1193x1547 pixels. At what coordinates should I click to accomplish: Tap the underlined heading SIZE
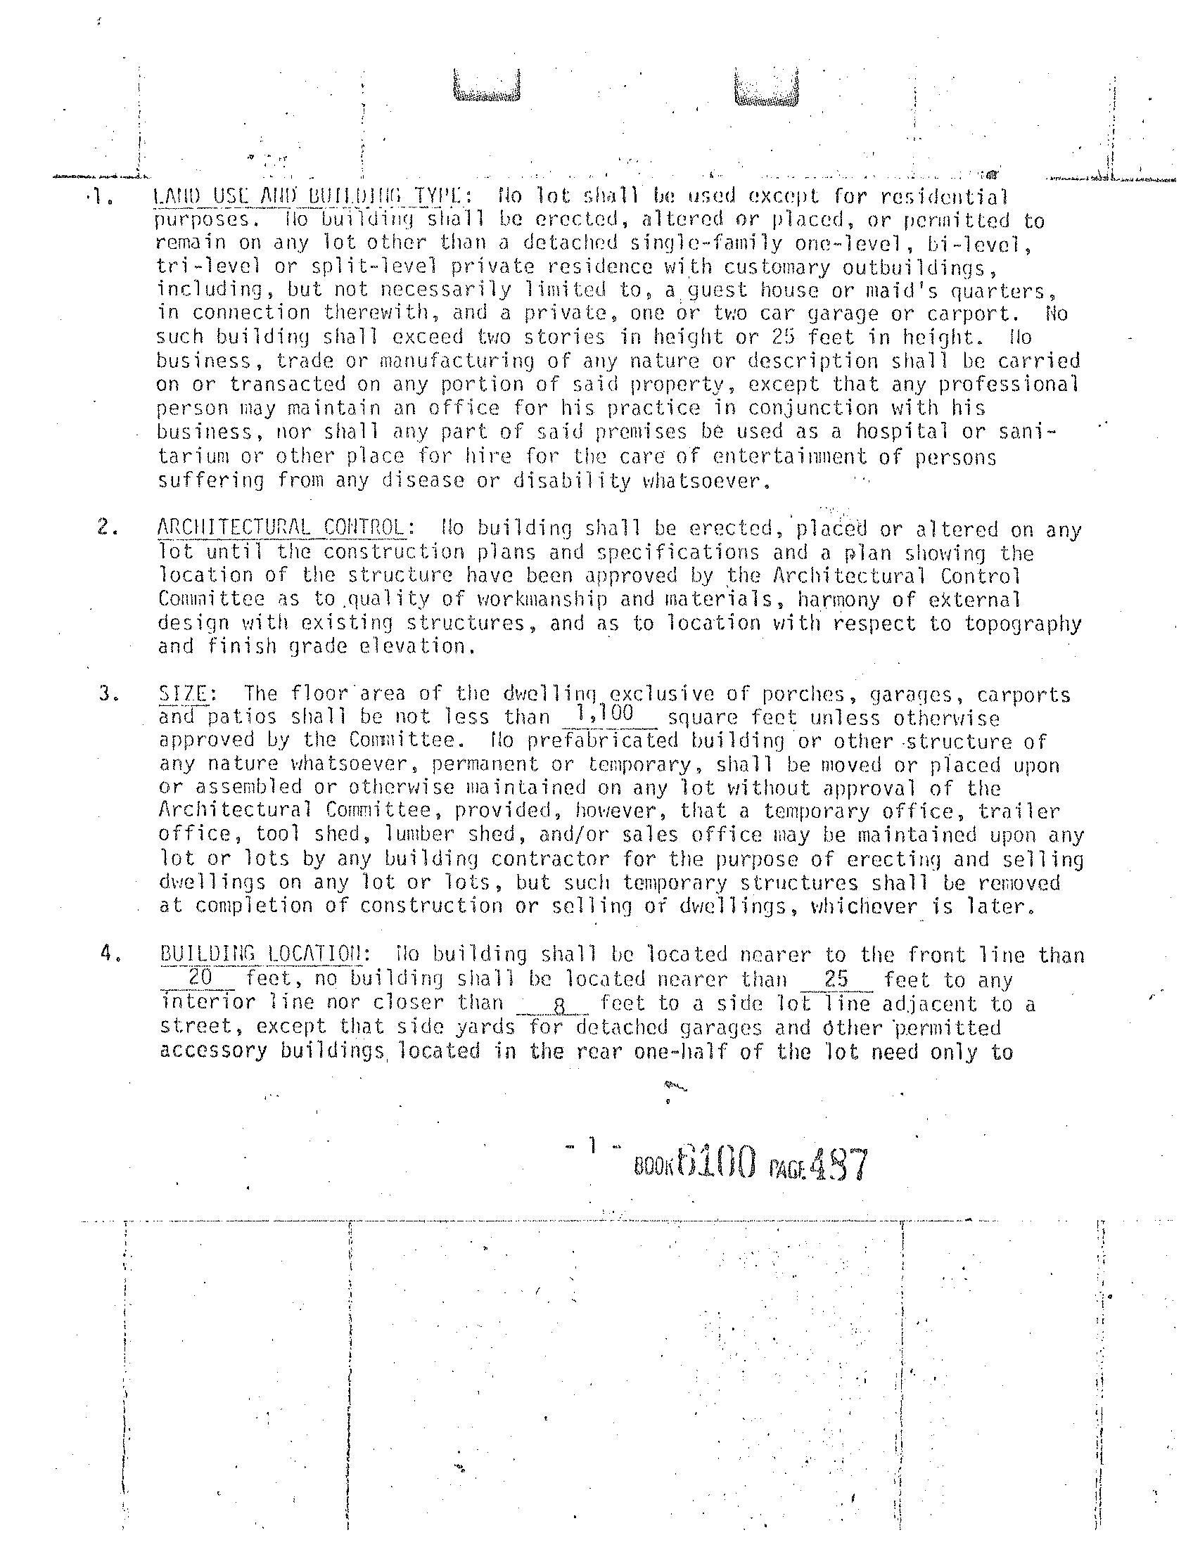(183, 693)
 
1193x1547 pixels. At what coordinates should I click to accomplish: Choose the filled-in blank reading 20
(199, 977)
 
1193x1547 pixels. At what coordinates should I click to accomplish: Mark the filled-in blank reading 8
(559, 1004)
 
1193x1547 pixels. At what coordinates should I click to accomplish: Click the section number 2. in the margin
(107, 527)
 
